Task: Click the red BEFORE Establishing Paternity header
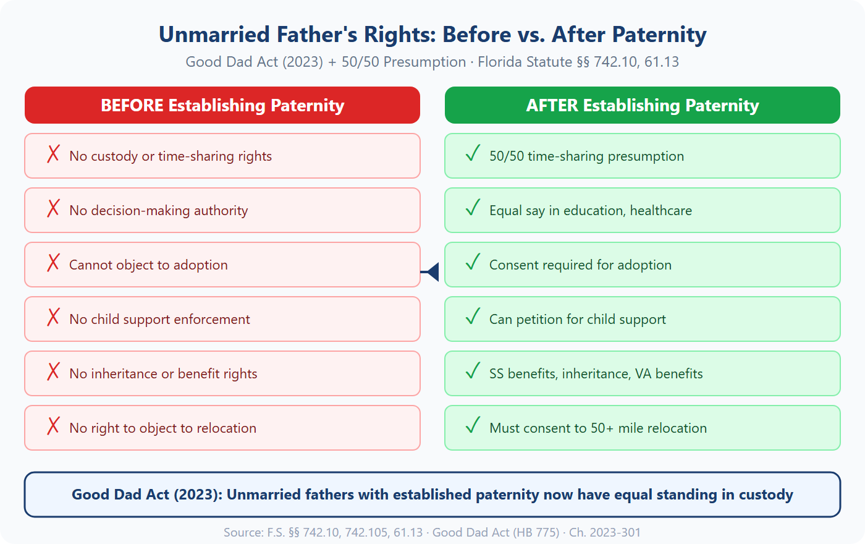click(x=222, y=105)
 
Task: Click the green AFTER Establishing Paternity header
click(x=643, y=105)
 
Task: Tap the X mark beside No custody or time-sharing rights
click(x=54, y=154)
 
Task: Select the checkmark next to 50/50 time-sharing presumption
click(x=473, y=153)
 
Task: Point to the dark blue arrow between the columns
click(x=432, y=271)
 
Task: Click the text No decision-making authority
click(x=158, y=211)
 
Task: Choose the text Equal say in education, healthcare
click(x=590, y=211)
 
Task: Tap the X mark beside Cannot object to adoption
click(x=54, y=263)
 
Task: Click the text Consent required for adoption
click(x=580, y=265)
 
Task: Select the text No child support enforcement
click(x=159, y=320)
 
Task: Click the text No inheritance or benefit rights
click(x=163, y=374)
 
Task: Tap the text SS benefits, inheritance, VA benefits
click(x=596, y=374)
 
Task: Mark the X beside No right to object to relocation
click(x=54, y=426)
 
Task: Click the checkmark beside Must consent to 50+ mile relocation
click(x=473, y=425)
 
